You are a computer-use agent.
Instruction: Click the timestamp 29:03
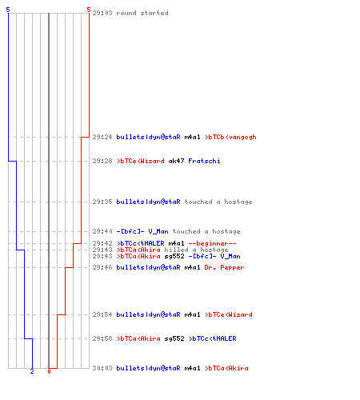pyautogui.click(x=102, y=13)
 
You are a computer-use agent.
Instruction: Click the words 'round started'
pyautogui.click(x=142, y=13)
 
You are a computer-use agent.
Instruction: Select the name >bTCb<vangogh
pyautogui.click(x=230, y=137)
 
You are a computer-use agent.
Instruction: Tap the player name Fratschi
pyautogui.click(x=204, y=161)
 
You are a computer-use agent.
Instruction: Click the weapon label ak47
pyautogui.click(x=176, y=161)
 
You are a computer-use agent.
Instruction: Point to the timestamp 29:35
pyautogui.click(x=102, y=202)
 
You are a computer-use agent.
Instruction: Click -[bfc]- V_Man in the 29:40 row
pyautogui.click(x=142, y=231)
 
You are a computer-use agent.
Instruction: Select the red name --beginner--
pyautogui.click(x=212, y=243)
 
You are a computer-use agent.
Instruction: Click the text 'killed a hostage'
pyautogui.click(x=196, y=250)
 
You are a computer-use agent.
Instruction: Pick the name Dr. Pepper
pyautogui.click(x=224, y=267)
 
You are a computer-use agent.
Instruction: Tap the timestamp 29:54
pyautogui.click(x=102, y=314)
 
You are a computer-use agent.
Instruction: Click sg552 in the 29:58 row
pyautogui.click(x=174, y=338)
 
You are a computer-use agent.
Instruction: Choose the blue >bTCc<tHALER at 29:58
pyautogui.click(x=213, y=338)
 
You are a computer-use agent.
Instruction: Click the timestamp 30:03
pyautogui.click(x=102, y=368)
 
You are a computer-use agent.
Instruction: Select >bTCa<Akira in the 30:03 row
pyautogui.click(x=226, y=368)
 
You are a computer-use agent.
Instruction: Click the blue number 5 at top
pyautogui.click(x=8, y=10)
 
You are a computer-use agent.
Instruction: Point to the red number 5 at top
pyautogui.click(x=89, y=10)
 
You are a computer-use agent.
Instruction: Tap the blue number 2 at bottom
pyautogui.click(x=32, y=371)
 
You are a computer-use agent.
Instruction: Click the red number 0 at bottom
pyautogui.click(x=49, y=371)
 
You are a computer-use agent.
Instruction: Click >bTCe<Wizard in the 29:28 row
pyautogui.click(x=141, y=161)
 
